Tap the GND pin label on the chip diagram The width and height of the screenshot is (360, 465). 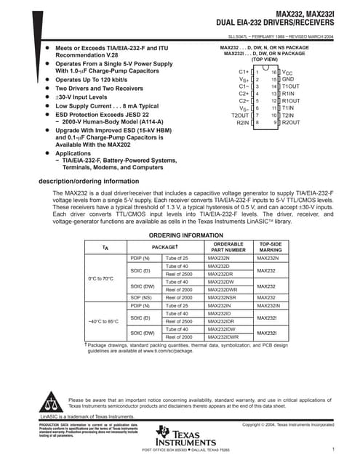[288, 79]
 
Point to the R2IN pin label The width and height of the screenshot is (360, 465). [243, 123]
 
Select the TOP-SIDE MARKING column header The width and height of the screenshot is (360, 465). [271, 246]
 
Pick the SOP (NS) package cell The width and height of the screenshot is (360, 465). [140, 297]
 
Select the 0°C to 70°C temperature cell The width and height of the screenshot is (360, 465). [101, 278]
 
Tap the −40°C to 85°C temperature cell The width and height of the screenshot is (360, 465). [103, 321]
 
